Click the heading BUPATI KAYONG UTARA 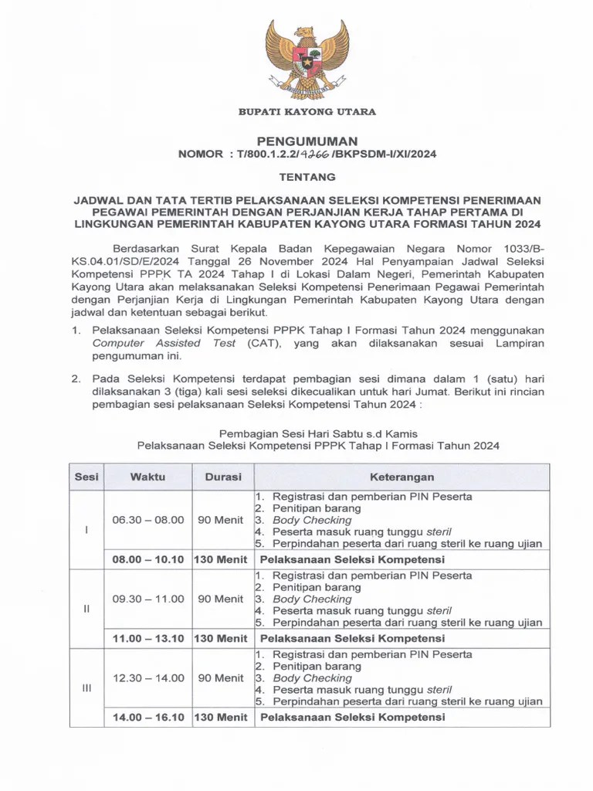click(307, 112)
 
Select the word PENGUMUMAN click(307, 141)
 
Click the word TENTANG click(307, 176)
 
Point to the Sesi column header click(86, 477)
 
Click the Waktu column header click(147, 477)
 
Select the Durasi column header click(223, 477)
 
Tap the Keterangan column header click(402, 477)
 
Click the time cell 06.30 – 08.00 click(147, 520)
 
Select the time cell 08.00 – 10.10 click(147, 559)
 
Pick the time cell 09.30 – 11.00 click(147, 599)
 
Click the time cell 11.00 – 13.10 click(147, 638)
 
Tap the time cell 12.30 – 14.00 click(147, 677)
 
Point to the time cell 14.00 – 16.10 click(147, 717)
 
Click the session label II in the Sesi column click(86, 609)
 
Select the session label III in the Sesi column click(86, 687)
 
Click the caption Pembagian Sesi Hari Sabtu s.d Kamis click(318, 433)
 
